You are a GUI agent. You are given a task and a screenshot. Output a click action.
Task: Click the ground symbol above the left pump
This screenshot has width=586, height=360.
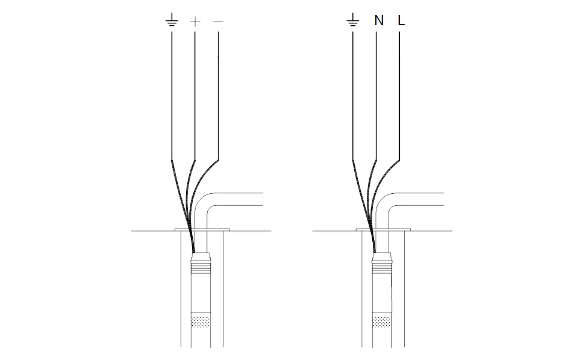pyautogui.click(x=172, y=20)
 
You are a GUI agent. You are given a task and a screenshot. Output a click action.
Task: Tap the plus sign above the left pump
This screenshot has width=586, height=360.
pyautogui.click(x=195, y=22)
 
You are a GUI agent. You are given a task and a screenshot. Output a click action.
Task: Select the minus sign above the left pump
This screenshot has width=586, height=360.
pyautogui.click(x=219, y=22)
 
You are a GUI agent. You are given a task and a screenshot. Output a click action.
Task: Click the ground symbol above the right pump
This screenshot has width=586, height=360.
pyautogui.click(x=353, y=20)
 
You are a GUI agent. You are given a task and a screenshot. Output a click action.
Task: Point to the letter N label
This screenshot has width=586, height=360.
pyautogui.click(x=379, y=20)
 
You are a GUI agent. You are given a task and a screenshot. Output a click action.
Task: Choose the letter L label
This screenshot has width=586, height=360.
pyautogui.click(x=402, y=20)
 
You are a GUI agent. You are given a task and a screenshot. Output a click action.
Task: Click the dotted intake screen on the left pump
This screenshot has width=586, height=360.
pyautogui.click(x=201, y=322)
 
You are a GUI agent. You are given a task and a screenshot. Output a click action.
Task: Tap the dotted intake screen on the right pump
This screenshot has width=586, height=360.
pyautogui.click(x=382, y=322)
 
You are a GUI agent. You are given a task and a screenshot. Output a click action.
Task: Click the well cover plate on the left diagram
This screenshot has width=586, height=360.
pyautogui.click(x=202, y=230)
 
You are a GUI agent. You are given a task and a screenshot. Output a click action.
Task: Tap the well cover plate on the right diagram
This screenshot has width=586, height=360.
pyautogui.click(x=384, y=230)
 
